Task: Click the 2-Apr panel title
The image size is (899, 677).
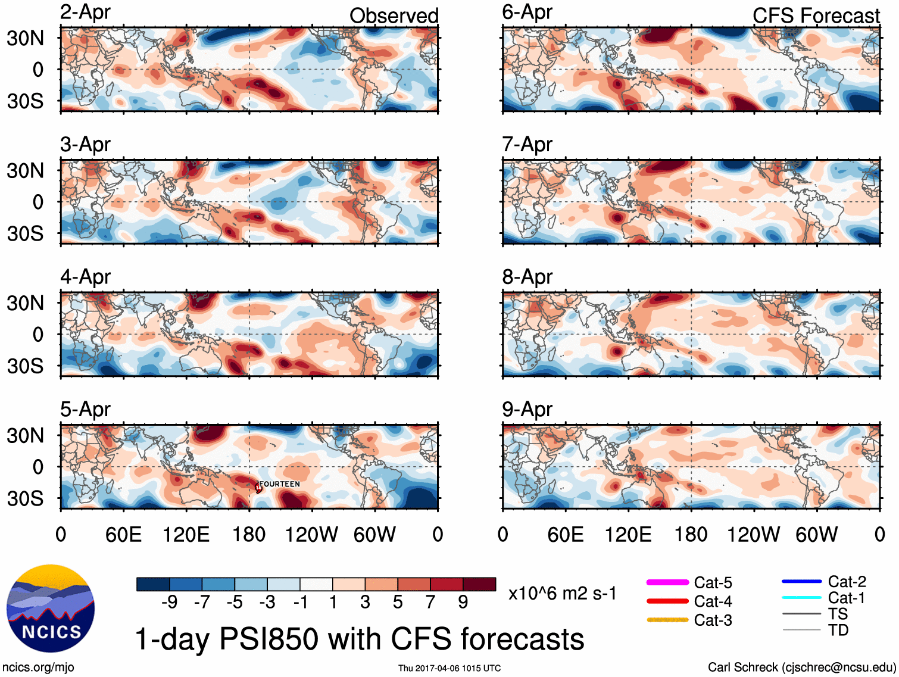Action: point(85,12)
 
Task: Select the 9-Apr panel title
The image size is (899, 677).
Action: point(527,409)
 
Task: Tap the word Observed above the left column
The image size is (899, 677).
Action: point(394,15)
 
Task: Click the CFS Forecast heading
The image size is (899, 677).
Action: point(816,15)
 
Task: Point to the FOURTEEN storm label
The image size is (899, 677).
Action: point(280,484)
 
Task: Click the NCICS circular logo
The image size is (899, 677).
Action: point(51,608)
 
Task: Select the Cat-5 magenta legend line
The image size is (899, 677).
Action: point(667,582)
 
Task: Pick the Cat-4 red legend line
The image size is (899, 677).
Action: point(667,601)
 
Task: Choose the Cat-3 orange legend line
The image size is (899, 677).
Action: point(667,620)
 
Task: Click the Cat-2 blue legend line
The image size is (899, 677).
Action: point(801,581)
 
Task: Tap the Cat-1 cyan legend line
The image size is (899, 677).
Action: point(801,597)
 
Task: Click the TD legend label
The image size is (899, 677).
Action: point(838,630)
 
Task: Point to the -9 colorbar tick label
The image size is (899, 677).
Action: point(169,602)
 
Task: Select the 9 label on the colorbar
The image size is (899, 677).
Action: point(463,602)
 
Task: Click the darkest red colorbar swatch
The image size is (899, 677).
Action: point(479,584)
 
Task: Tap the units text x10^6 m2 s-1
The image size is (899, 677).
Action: point(562,593)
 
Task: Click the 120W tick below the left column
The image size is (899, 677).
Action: point(311,534)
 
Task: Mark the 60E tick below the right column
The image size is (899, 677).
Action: point(566,534)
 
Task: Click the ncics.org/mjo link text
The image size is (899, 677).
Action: point(38,667)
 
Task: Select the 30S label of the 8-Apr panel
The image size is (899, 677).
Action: point(25,366)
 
